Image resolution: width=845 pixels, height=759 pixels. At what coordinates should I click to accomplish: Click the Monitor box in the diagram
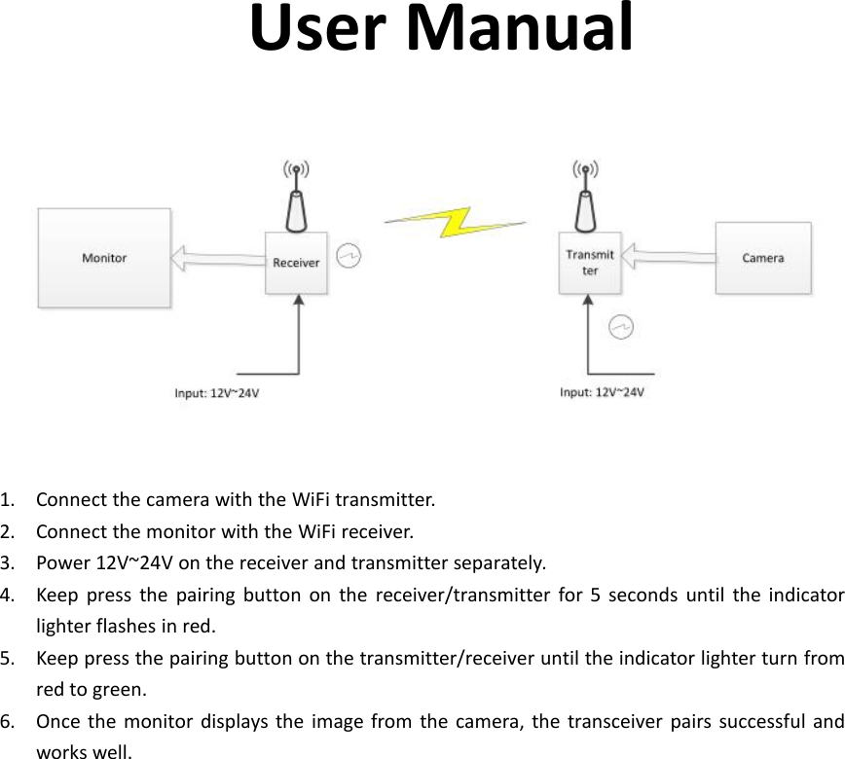point(104,258)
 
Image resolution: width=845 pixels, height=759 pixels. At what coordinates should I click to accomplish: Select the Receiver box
point(296,263)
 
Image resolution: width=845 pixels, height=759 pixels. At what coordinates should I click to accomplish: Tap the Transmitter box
point(590,263)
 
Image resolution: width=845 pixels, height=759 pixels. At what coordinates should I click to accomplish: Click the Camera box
point(762,258)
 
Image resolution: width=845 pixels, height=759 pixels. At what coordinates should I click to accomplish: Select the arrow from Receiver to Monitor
point(218,259)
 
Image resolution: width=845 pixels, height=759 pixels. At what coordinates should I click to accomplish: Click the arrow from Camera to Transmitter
point(668,258)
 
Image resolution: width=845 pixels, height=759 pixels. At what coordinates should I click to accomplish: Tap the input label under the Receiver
point(217,394)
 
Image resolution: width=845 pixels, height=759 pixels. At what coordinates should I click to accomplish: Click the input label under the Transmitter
point(602,392)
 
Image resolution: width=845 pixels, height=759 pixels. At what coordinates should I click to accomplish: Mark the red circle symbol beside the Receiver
point(349,256)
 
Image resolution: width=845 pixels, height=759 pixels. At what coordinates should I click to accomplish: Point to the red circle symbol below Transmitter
point(621,327)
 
